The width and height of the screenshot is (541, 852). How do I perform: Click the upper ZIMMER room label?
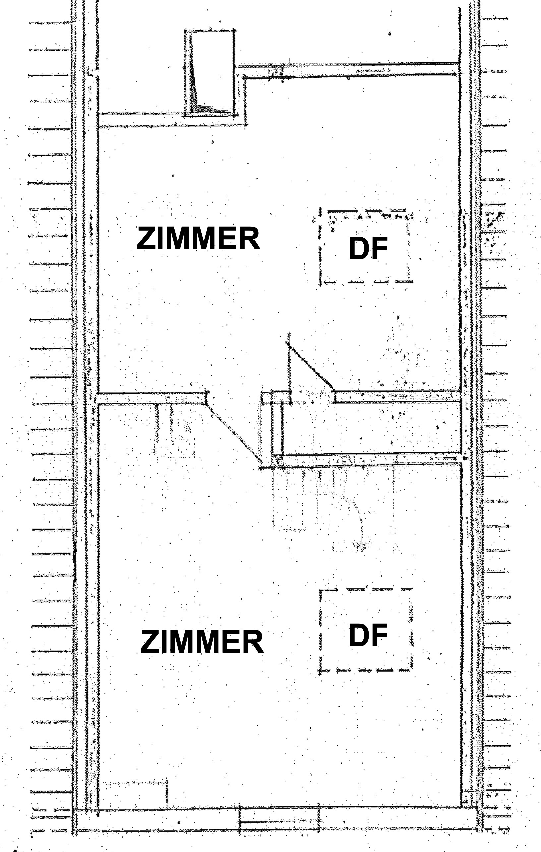pos(198,239)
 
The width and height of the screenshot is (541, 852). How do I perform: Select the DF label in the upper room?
pos(368,248)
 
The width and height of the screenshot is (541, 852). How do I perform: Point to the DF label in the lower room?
pos(368,635)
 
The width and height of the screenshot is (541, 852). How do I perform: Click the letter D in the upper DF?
pos(358,248)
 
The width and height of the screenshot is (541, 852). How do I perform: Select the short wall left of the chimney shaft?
pos(141,120)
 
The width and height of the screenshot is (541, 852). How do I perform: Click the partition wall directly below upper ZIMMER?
pos(152,399)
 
